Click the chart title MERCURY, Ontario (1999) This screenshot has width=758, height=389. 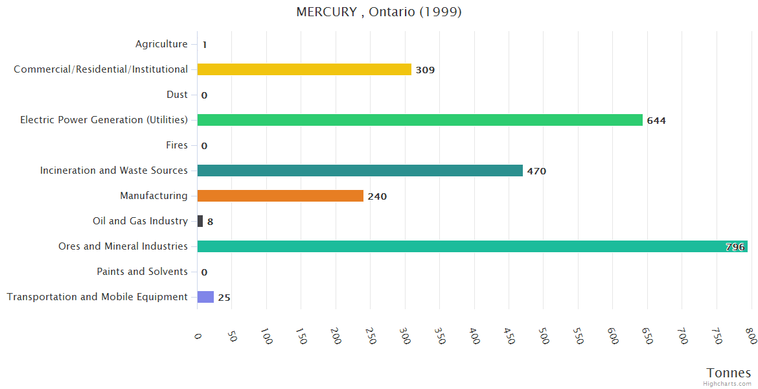[x=379, y=12]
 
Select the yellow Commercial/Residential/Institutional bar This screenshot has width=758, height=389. [x=304, y=69]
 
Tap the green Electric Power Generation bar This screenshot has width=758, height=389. [x=420, y=120]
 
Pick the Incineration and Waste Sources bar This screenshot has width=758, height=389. [x=360, y=171]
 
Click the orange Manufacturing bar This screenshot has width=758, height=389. [x=280, y=196]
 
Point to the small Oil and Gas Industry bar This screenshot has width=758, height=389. [x=200, y=221]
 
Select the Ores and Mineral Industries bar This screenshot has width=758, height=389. [x=472, y=246]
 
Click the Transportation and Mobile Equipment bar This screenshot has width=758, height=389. [x=205, y=297]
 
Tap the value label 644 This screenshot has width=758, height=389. [x=656, y=121]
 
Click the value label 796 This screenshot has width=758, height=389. [x=735, y=247]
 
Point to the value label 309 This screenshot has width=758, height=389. [x=425, y=70]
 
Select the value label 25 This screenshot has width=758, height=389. [x=224, y=298]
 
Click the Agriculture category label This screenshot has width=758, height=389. [x=161, y=44]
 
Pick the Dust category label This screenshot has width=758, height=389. [x=177, y=95]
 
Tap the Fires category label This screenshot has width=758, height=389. [x=176, y=145]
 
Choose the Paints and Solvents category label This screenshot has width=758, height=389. [x=142, y=272]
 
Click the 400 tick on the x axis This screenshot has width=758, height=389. [x=474, y=336]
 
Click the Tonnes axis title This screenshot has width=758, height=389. [x=728, y=373]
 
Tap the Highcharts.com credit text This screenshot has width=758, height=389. [x=727, y=384]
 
